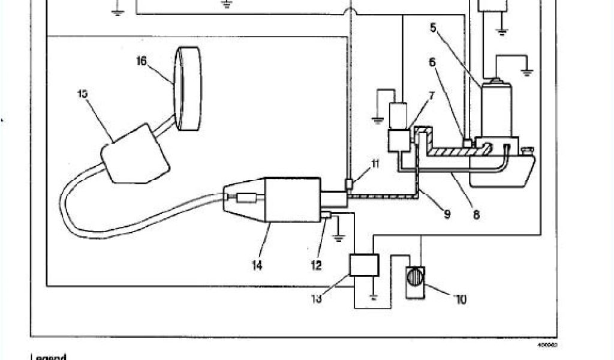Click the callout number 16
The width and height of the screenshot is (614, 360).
[141, 61]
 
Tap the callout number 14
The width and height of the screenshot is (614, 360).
[257, 265]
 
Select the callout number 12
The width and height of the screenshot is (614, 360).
[316, 265]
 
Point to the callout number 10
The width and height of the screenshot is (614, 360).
[461, 298]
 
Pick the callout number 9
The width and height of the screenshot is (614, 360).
[447, 213]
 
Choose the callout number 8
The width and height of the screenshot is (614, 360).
[476, 214]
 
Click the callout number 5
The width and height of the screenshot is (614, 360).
[433, 26]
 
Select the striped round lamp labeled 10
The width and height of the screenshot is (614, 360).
[414, 281]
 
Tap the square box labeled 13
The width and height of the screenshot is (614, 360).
[364, 265]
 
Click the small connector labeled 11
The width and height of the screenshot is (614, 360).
[349, 182]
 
